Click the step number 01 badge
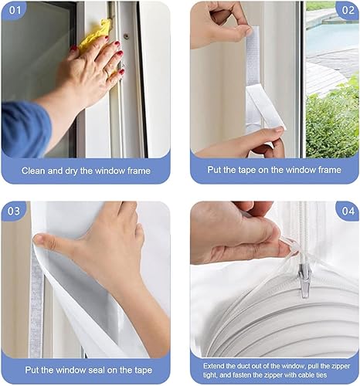pyautogui.click(x=14, y=10)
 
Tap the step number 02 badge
pyautogui.click(x=348, y=10)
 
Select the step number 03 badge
pyautogui.click(x=13, y=211)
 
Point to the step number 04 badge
pyautogui.click(x=348, y=211)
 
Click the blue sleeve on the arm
pyautogui.click(x=25, y=129)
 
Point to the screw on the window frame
pyautogui.click(x=126, y=36)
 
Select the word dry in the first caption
pyautogui.click(x=71, y=171)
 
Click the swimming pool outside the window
pyautogui.click(x=332, y=37)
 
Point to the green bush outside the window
pyautogui.click(x=333, y=121)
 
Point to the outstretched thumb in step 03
pyautogui.click(x=52, y=242)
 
